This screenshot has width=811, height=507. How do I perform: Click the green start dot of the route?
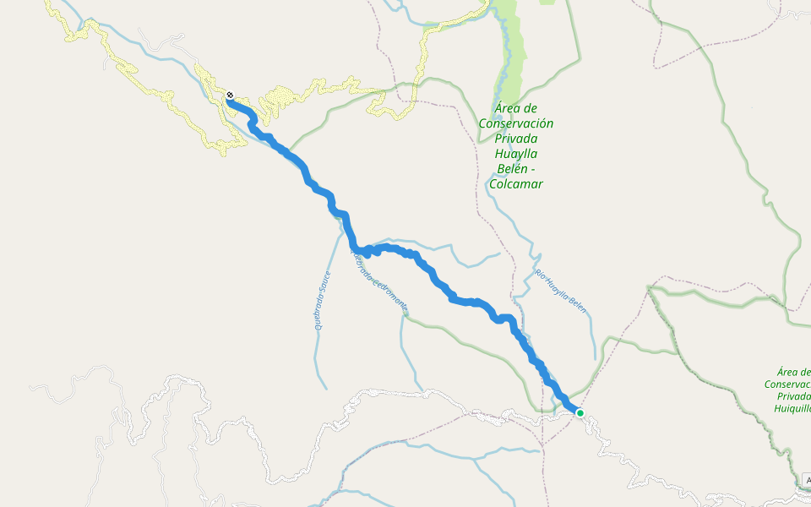pos(580,412)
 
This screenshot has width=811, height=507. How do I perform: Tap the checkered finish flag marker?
pos(230,95)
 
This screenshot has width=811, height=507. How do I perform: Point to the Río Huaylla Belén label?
pos(561,287)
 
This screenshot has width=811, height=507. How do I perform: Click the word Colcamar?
pos(516,183)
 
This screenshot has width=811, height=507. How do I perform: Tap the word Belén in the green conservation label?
pos(516,168)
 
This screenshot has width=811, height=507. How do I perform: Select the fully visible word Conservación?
pos(516,123)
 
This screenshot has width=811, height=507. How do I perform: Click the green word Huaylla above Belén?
pos(516,153)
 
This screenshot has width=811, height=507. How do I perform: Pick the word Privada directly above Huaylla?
pos(516,138)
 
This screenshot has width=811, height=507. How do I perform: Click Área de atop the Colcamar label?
pos(516,107)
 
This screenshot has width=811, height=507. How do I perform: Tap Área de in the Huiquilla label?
pos(794,371)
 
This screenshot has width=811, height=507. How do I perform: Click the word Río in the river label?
pos(541,273)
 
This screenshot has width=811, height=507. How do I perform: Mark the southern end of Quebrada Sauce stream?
pos(326,388)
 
